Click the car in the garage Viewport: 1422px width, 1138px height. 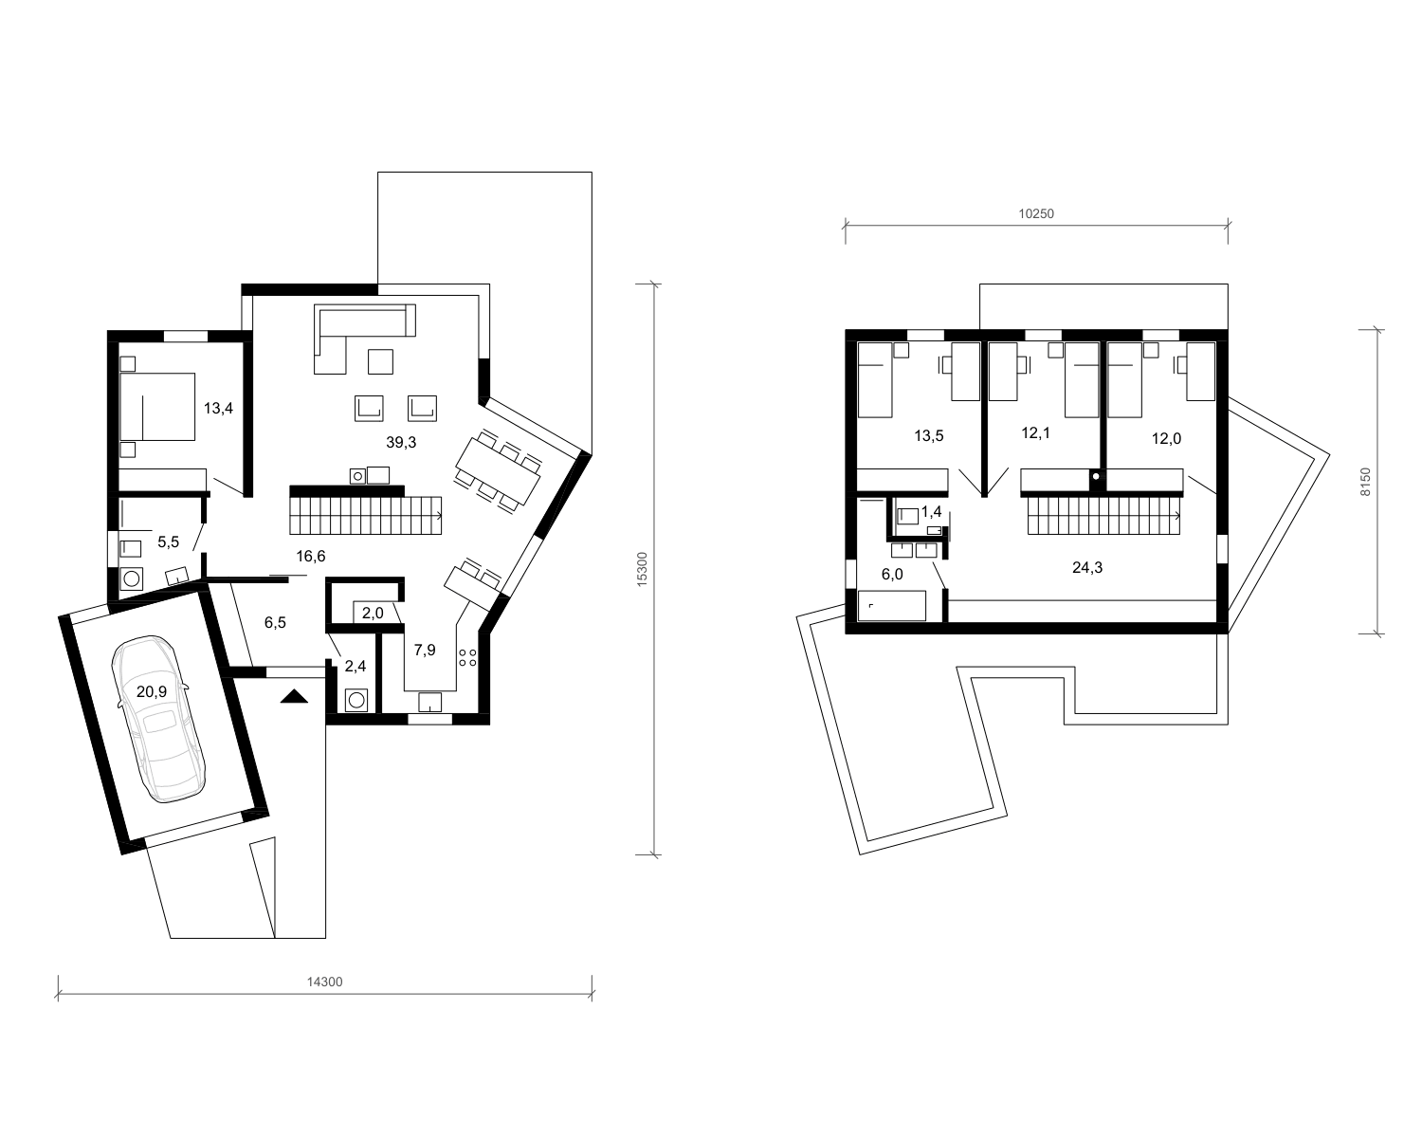click(x=158, y=719)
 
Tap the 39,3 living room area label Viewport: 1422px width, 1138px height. click(x=401, y=442)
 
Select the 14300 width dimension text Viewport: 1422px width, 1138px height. click(x=325, y=982)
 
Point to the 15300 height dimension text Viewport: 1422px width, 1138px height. click(x=643, y=569)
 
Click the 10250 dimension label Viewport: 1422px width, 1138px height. click(x=1036, y=213)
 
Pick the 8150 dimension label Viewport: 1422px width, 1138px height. click(x=1366, y=482)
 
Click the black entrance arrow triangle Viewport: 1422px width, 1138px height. click(x=294, y=696)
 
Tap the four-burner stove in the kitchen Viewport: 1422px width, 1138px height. click(x=467, y=657)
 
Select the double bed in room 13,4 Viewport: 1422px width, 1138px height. click(x=157, y=407)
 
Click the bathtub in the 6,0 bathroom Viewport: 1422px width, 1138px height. click(x=892, y=606)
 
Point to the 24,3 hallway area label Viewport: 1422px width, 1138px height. click(x=1087, y=567)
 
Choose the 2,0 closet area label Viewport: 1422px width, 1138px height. click(x=373, y=614)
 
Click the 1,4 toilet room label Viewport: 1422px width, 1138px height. click(x=931, y=511)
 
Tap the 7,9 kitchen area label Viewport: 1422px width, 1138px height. click(x=425, y=650)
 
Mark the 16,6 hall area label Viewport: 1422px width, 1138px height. click(x=311, y=556)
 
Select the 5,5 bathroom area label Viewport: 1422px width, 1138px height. click(x=169, y=542)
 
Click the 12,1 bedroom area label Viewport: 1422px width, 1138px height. click(x=1035, y=433)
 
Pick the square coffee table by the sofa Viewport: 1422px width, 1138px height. click(x=380, y=361)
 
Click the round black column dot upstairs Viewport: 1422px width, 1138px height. click(x=1096, y=476)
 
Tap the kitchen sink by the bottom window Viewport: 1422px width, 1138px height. click(x=430, y=702)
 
